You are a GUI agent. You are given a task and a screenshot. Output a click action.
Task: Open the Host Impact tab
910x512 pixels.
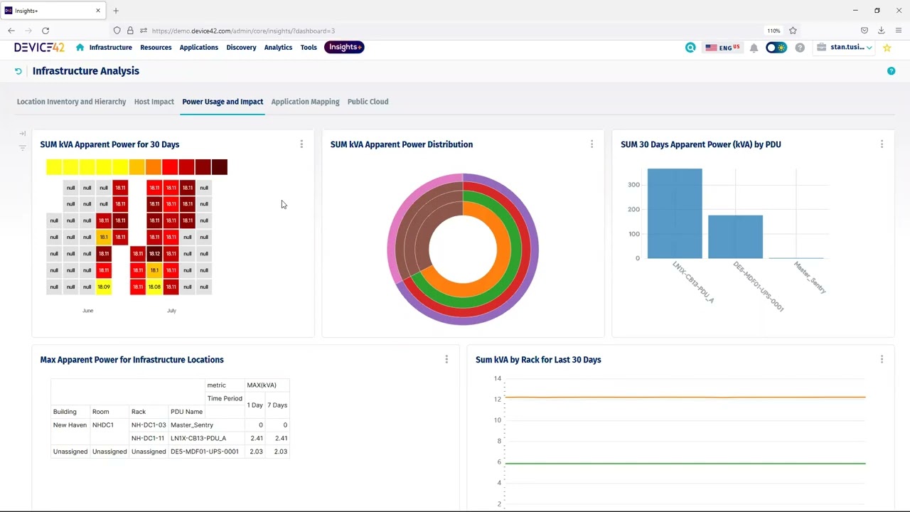pos(154,102)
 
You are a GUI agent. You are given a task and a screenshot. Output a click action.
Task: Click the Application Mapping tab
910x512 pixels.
pos(305,102)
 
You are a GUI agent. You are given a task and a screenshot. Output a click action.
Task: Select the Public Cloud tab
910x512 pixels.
pos(368,102)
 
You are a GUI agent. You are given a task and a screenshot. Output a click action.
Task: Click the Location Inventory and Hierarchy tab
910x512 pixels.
pos(71,102)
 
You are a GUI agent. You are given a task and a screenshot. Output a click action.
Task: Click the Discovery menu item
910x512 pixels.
pos(241,48)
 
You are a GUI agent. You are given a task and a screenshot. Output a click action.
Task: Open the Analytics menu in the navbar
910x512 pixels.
pos(278,48)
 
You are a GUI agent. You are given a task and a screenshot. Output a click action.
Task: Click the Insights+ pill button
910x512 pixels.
pos(345,47)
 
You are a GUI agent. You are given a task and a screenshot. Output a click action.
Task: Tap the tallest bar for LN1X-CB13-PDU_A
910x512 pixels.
pos(674,213)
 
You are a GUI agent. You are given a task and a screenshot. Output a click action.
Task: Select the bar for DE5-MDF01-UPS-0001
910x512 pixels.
pos(735,237)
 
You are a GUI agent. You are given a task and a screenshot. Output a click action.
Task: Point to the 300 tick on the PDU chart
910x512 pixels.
pos(633,185)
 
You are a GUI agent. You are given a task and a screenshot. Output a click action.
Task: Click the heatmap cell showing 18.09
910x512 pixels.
pos(104,287)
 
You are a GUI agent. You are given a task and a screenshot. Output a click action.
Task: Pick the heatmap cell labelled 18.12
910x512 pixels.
pos(154,254)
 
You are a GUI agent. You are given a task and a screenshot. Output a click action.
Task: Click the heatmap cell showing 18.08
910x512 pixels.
pos(154,287)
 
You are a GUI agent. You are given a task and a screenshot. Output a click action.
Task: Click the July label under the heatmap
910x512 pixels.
pos(171,311)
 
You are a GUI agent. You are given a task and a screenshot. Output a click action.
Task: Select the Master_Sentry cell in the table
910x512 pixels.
pos(192,425)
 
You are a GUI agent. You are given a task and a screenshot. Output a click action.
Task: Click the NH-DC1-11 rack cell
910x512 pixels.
pos(148,439)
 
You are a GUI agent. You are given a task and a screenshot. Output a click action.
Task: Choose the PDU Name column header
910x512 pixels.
pos(186,412)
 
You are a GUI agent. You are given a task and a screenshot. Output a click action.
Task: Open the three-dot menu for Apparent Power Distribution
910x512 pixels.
pos(591,144)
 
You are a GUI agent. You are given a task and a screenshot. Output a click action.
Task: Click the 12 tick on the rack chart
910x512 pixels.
pos(498,399)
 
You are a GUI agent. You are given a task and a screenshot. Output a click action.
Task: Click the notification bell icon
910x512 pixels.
pos(754,48)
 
